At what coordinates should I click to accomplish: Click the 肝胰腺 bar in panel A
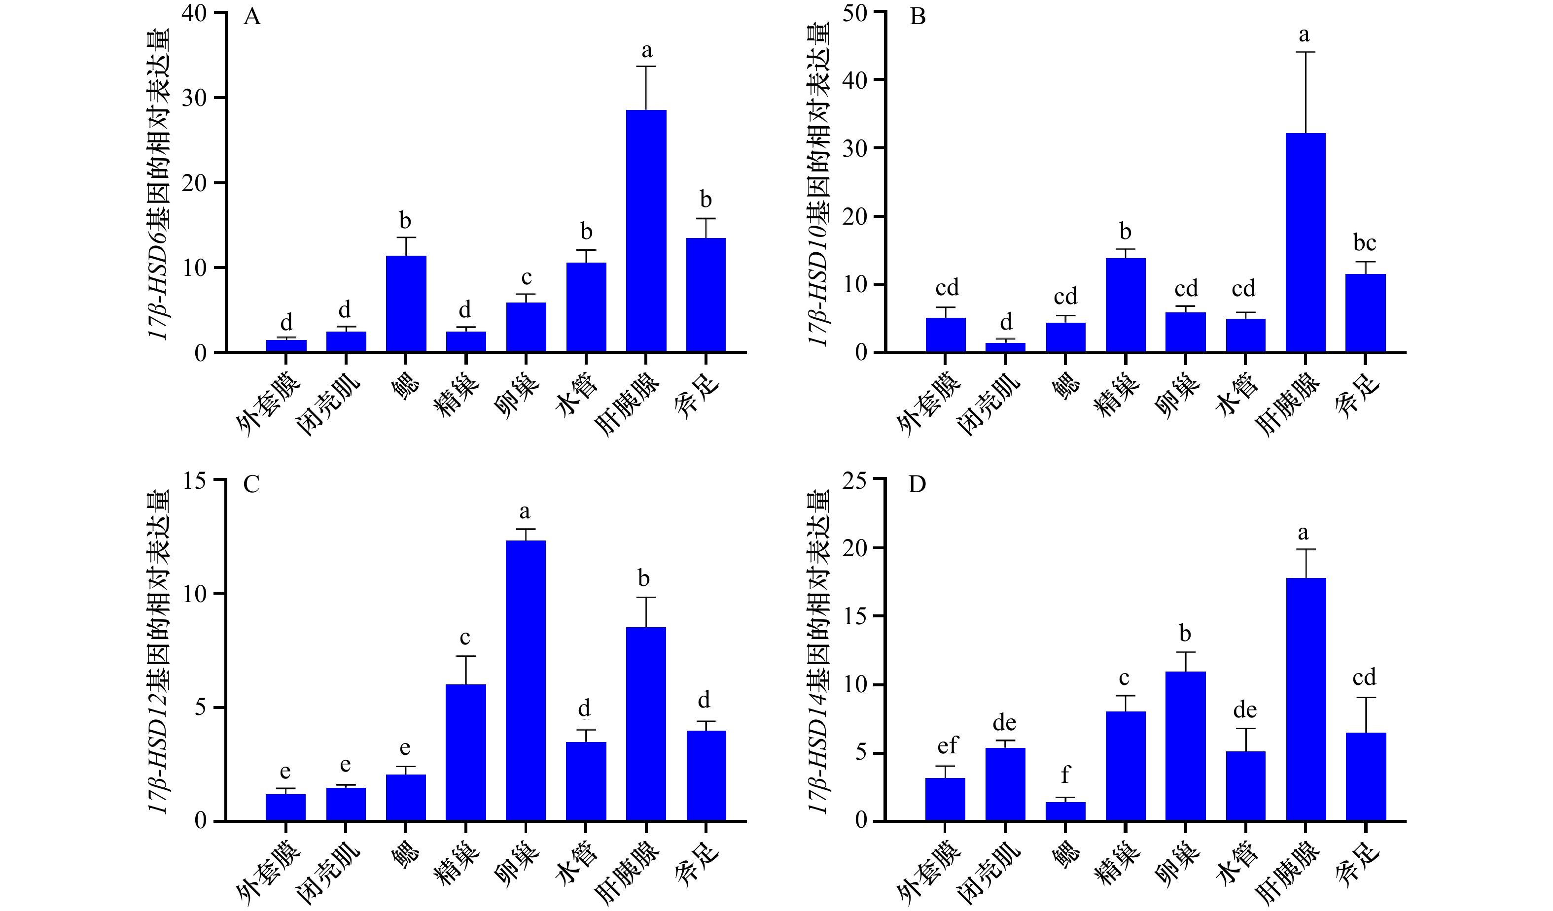(x=646, y=231)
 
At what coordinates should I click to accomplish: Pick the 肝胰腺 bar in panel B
(x=1306, y=243)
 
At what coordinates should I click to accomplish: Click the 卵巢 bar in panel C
(x=526, y=680)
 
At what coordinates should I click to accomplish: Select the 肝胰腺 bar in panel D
(x=1306, y=699)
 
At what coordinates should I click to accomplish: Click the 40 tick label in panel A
(x=194, y=13)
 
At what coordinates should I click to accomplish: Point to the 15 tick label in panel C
(x=195, y=480)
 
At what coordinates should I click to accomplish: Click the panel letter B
(x=918, y=16)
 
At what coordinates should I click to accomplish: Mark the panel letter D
(x=917, y=484)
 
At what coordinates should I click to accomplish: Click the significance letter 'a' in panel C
(x=525, y=512)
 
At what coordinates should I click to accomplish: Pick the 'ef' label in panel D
(x=948, y=745)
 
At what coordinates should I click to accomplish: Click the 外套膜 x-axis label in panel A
(x=269, y=405)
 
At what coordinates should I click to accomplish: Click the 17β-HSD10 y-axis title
(x=818, y=184)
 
